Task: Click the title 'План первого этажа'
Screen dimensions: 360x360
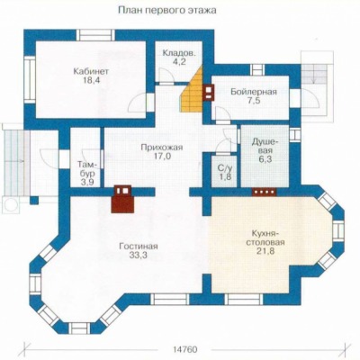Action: tap(167, 11)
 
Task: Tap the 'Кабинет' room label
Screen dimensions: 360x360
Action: tap(91, 71)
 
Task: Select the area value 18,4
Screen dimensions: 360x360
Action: tap(91, 80)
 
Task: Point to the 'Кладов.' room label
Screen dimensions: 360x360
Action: tap(179, 53)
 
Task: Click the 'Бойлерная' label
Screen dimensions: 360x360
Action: tap(254, 92)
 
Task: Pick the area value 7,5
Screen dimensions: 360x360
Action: tap(254, 101)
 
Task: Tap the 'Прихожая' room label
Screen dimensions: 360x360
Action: tap(162, 148)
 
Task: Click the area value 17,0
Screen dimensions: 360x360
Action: tap(162, 157)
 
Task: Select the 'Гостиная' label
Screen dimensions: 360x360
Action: tap(139, 247)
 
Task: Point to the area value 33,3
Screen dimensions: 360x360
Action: tap(139, 255)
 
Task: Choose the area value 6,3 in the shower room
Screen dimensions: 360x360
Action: tap(265, 159)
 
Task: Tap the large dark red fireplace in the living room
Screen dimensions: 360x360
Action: tap(122, 200)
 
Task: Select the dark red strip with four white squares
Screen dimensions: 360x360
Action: tap(264, 192)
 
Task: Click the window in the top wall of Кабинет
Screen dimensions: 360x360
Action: tap(95, 35)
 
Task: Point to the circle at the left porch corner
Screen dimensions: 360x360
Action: tap(11, 204)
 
